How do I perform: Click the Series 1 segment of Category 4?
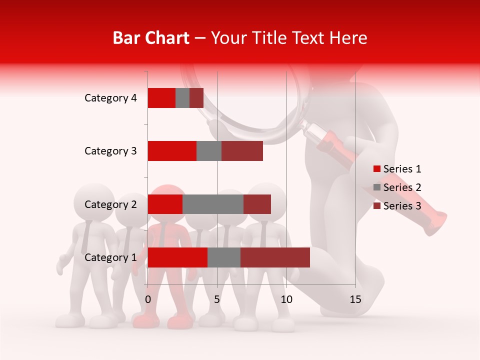coord(161,98)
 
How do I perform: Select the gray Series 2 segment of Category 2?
coord(213,204)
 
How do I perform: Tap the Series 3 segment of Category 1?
coord(275,257)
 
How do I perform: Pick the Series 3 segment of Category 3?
coord(242,151)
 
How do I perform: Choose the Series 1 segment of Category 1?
coord(177,257)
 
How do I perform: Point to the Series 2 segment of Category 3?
coord(209,151)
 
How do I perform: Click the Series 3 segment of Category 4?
coord(196,98)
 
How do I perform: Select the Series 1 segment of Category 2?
coord(165,204)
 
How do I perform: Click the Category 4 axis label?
coord(110,98)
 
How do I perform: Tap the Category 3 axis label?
coord(110,151)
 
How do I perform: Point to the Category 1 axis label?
coord(110,257)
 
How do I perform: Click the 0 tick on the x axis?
coord(148,299)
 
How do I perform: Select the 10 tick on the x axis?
coord(286,299)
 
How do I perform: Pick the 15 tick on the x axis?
coord(355,299)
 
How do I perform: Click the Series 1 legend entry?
coord(397,169)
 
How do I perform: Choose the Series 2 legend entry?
coord(397,187)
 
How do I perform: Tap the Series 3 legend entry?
coord(397,206)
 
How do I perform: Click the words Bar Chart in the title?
coord(151,38)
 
